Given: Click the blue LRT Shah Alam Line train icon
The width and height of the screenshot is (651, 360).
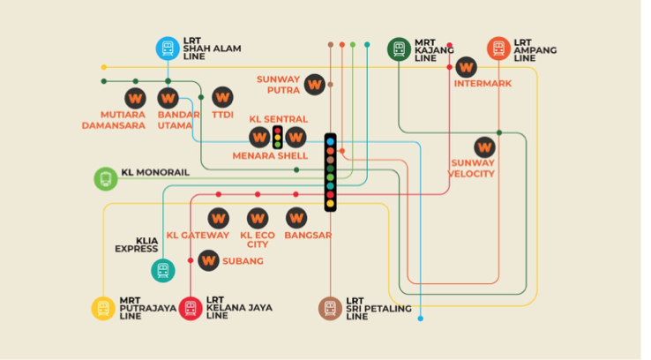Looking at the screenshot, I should coord(168,48).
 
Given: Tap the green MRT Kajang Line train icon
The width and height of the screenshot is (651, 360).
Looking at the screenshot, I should coord(400,49).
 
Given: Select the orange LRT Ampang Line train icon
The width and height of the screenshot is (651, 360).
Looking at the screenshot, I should coord(498,49).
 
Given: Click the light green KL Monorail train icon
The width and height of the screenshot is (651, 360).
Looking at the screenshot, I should coord(106,179).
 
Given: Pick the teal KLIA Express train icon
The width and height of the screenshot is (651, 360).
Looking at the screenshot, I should coord(162,270).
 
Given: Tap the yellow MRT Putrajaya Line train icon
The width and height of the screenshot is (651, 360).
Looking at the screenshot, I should coord(104,308).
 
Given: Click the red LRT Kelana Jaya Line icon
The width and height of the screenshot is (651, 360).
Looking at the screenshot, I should coord(191,308).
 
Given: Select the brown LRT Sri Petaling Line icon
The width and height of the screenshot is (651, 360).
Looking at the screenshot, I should coord(330,308).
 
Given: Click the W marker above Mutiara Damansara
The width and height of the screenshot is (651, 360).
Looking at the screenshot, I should coord(135,97).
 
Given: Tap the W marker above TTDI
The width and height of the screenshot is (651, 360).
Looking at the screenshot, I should coord(221,96).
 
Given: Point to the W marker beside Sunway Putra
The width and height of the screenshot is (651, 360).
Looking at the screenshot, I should coord(314,85).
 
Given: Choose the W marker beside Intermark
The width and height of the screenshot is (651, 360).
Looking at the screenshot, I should coord(466,66).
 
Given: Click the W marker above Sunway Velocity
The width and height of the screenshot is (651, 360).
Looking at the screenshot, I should coord(484,146).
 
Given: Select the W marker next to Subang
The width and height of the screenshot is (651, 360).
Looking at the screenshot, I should coord(209,260).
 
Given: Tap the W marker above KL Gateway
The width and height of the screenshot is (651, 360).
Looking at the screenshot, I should coord(218,217).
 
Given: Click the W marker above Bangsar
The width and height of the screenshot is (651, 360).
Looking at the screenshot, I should coord(296,217).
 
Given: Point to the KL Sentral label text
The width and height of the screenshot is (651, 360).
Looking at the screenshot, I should coord(279,119).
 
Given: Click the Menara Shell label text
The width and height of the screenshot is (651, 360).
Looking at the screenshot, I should coord(270,156).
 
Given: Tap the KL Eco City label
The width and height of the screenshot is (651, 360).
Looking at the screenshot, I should coord(258,239).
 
